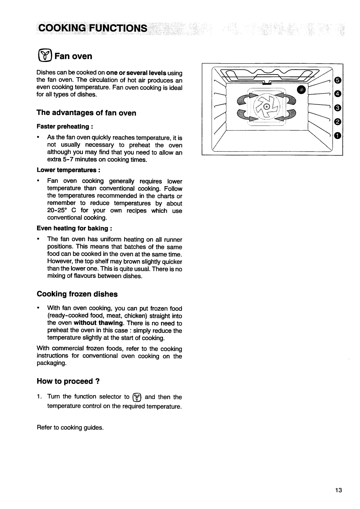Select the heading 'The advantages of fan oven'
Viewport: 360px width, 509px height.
[x=86, y=113]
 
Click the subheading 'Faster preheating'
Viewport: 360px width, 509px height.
[x=63, y=127]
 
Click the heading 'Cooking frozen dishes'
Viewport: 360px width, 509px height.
[x=77, y=294]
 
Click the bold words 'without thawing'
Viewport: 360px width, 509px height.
[x=94, y=323]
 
